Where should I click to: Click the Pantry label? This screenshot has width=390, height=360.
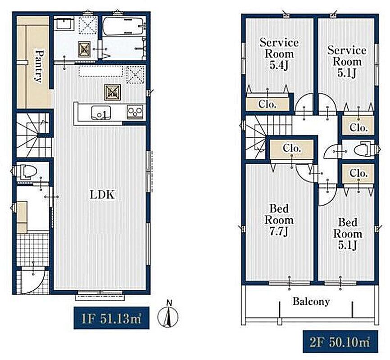[38, 66]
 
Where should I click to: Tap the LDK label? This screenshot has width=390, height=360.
[102, 195]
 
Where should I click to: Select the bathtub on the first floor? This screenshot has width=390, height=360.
[123, 26]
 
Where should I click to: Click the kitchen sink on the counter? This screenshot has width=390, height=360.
[101, 112]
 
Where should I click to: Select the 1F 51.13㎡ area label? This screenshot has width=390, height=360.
[111, 318]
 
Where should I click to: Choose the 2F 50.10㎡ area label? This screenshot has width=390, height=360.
[340, 342]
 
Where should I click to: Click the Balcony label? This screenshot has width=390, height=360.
[311, 301]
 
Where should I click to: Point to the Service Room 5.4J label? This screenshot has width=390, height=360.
[279, 54]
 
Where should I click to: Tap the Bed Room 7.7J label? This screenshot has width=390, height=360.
[279, 220]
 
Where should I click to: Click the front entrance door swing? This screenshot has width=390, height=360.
[33, 279]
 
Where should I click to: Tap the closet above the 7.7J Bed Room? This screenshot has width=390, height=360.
[292, 148]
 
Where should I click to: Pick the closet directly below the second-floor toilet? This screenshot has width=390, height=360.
[358, 173]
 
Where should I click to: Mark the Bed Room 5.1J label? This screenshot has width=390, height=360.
[348, 234]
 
